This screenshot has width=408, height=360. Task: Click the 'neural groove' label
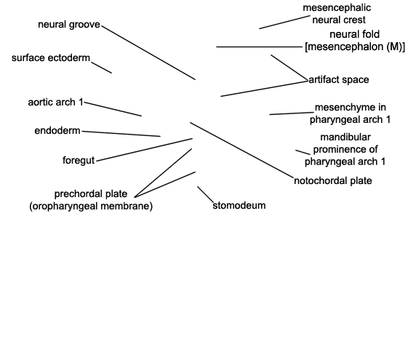tap(69, 25)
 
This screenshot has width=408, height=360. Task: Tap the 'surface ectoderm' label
tap(51, 57)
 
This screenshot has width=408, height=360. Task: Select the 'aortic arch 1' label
tap(56, 103)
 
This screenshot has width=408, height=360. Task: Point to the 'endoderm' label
tap(57, 131)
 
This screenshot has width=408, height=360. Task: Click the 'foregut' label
tap(79, 160)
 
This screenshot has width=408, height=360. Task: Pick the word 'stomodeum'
tap(239, 206)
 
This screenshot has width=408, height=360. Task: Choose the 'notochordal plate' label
tap(333, 181)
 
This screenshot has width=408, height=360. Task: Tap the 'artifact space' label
tap(338, 79)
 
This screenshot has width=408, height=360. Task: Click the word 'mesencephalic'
tap(337, 8)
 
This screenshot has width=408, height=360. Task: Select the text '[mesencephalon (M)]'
tap(355, 47)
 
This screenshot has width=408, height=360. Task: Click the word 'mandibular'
tap(345, 137)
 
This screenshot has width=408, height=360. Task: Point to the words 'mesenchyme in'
tap(351, 107)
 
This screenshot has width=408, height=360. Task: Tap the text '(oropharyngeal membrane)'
tap(91, 207)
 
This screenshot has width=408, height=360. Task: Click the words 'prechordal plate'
tap(91, 194)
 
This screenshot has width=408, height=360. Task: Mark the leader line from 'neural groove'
tap(148, 52)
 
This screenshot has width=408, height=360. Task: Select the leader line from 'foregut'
tap(145, 150)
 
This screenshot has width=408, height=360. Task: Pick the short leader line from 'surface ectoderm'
tap(102, 68)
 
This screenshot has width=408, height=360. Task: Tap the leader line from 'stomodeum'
tap(205, 194)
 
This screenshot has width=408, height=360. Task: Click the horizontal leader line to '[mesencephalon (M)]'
tap(259, 47)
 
